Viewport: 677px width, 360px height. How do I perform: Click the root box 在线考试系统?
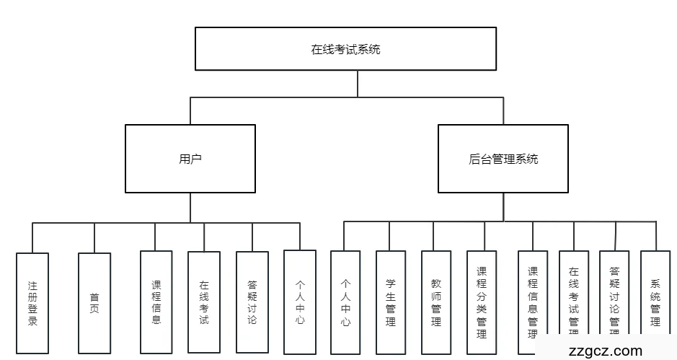[345, 49]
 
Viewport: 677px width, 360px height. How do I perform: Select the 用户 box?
[190, 159]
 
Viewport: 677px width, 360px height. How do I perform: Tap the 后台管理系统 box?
[503, 159]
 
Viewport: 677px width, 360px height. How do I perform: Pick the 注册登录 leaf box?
[32, 303]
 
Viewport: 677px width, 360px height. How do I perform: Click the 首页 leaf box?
[94, 303]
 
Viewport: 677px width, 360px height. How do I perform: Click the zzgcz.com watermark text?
[605, 351]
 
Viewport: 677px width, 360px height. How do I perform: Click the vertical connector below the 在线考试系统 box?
[358, 83]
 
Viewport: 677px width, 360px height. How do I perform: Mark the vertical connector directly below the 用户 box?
[190, 207]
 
